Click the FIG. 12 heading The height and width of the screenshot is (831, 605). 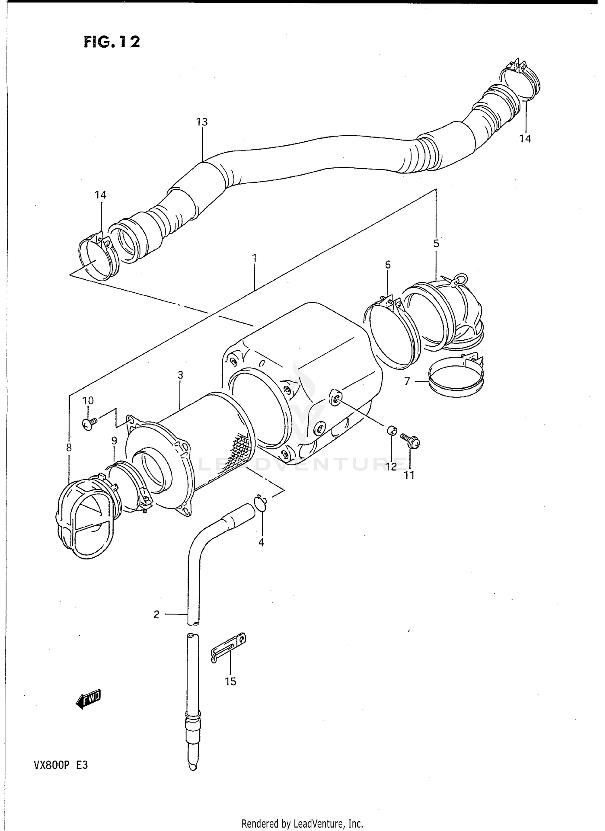112,42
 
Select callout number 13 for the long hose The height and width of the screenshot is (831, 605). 202,122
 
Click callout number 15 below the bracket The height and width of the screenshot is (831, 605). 230,682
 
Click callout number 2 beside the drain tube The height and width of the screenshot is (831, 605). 156,614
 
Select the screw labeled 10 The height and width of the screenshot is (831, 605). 89,423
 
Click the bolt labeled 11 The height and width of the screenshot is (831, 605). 411,441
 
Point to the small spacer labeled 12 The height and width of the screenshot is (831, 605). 391,430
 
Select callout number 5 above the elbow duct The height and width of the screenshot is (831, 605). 436,244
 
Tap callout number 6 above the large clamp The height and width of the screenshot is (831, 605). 388,265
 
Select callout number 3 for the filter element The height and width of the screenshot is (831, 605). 180,375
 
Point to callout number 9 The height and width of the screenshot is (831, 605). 114,441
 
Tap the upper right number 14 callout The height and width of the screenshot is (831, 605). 525,139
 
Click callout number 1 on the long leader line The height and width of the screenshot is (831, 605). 254,257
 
